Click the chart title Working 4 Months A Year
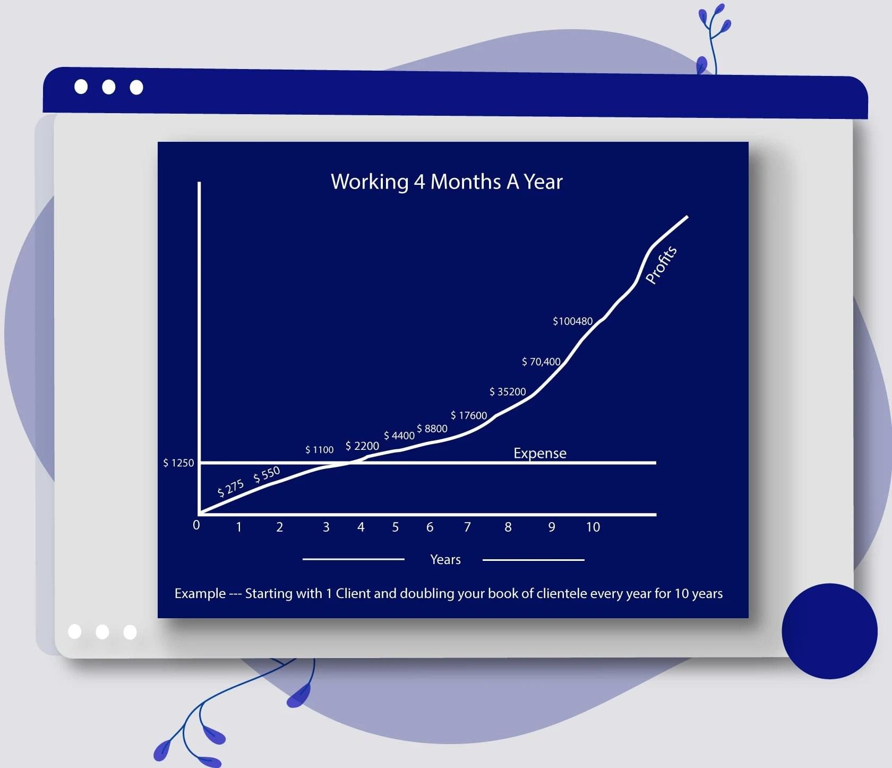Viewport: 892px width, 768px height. click(x=447, y=182)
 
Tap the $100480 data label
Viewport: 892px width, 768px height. click(x=572, y=321)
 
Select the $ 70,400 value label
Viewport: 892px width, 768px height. click(x=541, y=362)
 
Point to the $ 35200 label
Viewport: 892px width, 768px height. click(x=508, y=392)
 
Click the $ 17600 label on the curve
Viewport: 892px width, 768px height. click(x=469, y=415)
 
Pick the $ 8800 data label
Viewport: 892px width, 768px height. click(x=432, y=429)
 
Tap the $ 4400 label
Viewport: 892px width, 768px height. click(x=399, y=436)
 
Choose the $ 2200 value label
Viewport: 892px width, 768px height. click(x=362, y=446)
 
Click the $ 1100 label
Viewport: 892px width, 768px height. click(x=320, y=450)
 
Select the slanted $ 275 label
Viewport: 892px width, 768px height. click(x=231, y=488)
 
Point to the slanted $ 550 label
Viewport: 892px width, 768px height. click(x=267, y=474)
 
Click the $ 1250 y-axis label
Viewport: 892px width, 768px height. click(x=178, y=463)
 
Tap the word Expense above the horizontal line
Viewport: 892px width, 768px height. click(x=540, y=453)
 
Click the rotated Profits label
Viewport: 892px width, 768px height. click(x=661, y=265)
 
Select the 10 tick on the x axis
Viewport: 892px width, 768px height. click(x=593, y=527)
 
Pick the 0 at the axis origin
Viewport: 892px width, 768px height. click(x=196, y=525)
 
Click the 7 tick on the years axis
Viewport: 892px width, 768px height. click(x=467, y=527)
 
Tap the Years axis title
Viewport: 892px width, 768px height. click(x=445, y=559)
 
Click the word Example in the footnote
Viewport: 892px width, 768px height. click(x=200, y=593)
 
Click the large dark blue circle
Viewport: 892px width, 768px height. click(x=829, y=631)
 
